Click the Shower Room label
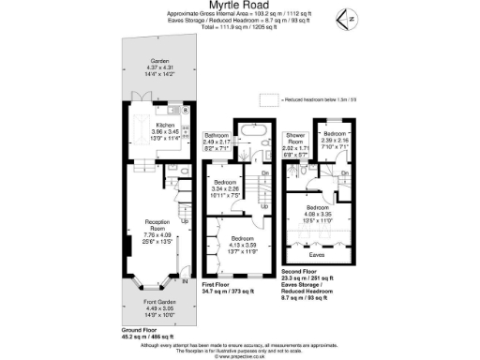click(x=297, y=142)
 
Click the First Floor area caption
click(x=228, y=292)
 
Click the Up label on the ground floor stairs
click(x=181, y=221)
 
